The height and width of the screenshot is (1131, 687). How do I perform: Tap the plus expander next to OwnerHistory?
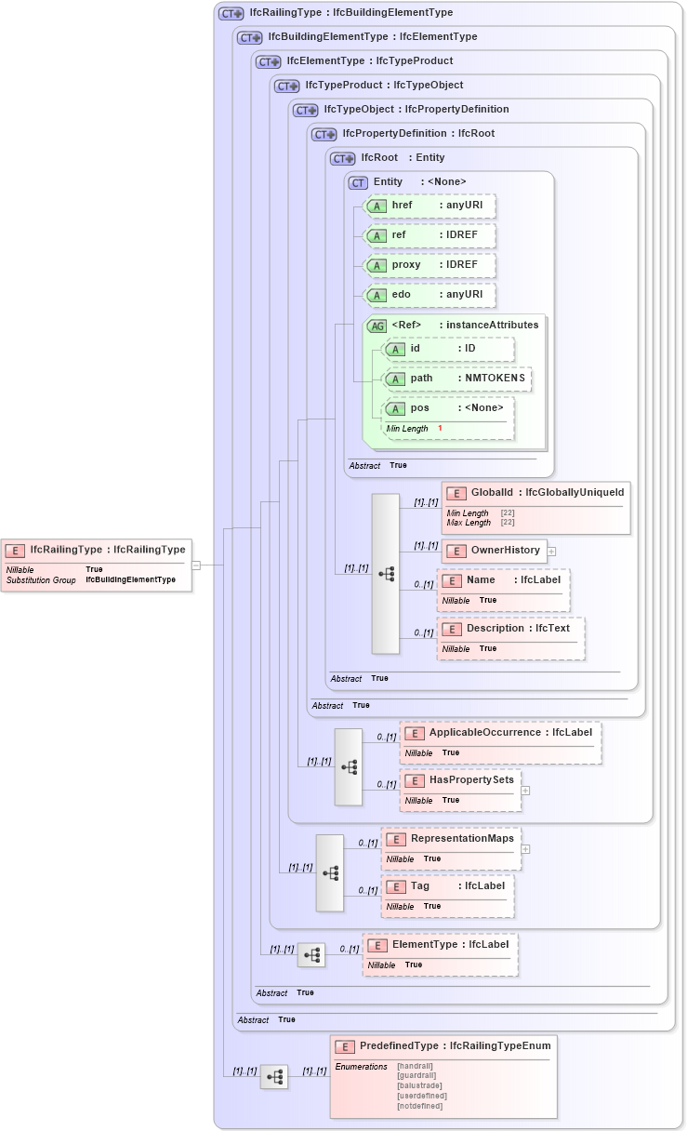click(x=551, y=552)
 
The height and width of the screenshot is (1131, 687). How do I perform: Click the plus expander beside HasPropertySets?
click(x=525, y=791)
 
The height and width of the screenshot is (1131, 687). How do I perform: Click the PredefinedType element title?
click(x=443, y=1046)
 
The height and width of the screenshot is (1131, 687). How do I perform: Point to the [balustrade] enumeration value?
click(x=418, y=1085)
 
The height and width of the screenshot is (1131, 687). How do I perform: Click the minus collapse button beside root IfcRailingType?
click(x=196, y=565)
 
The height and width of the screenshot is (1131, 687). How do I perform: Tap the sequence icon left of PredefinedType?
click(x=274, y=1077)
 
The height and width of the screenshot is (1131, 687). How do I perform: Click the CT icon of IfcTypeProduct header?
click(x=286, y=86)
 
